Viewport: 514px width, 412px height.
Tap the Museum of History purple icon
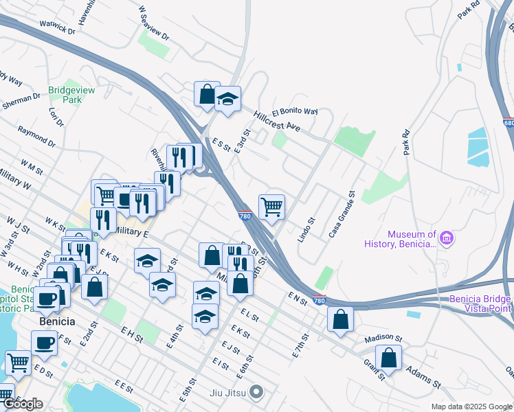click(447, 238)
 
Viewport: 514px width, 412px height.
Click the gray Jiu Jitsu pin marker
click(256, 393)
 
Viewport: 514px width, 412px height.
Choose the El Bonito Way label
click(295, 111)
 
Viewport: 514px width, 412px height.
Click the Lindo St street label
click(306, 229)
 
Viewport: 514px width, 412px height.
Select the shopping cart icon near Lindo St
click(272, 205)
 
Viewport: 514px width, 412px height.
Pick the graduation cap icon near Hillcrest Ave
click(227, 99)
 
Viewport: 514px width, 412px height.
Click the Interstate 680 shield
click(508, 122)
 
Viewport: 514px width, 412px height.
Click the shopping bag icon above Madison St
click(340, 319)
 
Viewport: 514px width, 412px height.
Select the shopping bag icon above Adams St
click(389, 357)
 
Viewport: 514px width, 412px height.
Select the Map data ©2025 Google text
click(471, 407)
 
